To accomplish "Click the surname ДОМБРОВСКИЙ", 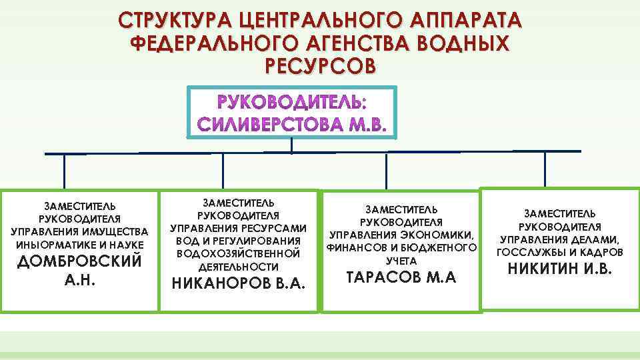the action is click(79, 261).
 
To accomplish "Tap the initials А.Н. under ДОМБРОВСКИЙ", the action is click(79, 280).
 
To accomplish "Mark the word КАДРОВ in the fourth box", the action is click(599, 253).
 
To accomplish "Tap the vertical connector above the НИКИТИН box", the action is click(545, 169).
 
